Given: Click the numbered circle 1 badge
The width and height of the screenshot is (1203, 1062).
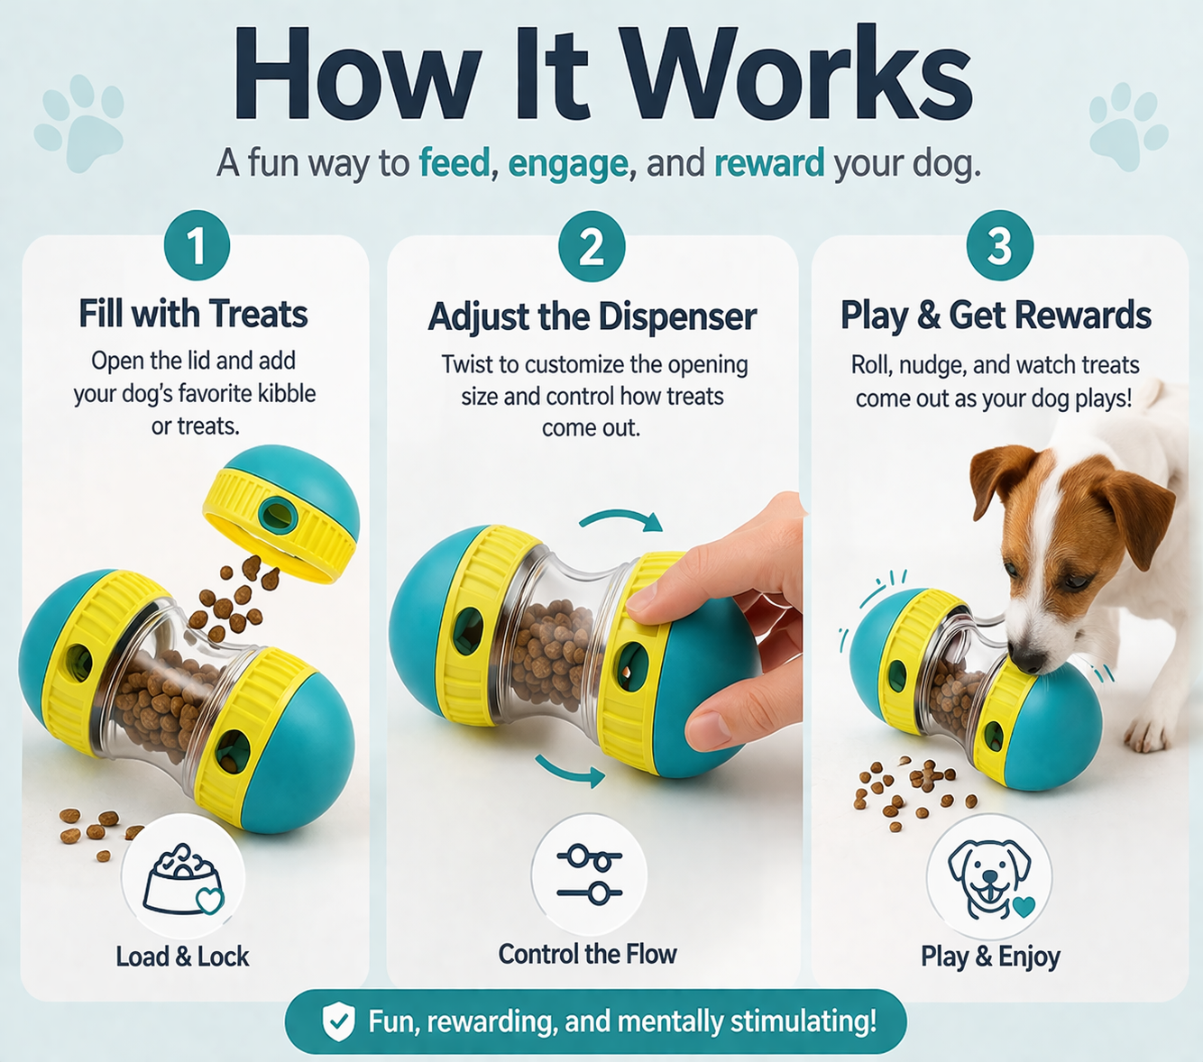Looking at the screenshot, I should pyautogui.click(x=197, y=245).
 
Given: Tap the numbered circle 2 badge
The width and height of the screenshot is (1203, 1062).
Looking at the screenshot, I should pyautogui.click(x=592, y=246).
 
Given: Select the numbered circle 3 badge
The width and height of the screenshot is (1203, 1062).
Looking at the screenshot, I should pyautogui.click(x=999, y=245).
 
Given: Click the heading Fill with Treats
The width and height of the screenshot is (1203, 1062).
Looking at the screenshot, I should pyautogui.click(x=193, y=314).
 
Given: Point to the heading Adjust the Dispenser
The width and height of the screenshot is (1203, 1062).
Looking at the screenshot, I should pyautogui.click(x=592, y=316).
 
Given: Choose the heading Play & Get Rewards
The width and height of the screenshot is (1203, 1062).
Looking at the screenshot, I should pyautogui.click(x=996, y=316).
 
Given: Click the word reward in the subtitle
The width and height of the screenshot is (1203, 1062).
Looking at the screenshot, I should pyautogui.click(x=768, y=163).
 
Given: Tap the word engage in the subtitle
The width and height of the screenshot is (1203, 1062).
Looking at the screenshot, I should pyautogui.click(x=567, y=164).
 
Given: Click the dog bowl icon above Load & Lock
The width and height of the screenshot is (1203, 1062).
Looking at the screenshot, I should pyautogui.click(x=183, y=877).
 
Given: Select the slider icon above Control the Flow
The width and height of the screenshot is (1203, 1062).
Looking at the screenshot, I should pyautogui.click(x=589, y=874).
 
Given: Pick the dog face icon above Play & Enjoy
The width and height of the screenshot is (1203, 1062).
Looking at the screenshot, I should pyautogui.click(x=989, y=877).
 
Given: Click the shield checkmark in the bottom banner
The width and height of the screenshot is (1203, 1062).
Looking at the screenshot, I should pyautogui.click(x=338, y=1021).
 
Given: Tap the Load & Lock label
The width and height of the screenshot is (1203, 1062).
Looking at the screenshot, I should pyautogui.click(x=182, y=957).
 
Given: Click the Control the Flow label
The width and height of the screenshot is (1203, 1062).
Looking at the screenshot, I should pyautogui.click(x=587, y=954).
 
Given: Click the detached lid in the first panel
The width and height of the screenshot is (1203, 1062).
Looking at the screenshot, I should pyautogui.click(x=281, y=513).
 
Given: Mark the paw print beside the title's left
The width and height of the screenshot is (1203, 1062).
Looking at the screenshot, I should pyautogui.click(x=80, y=123).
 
